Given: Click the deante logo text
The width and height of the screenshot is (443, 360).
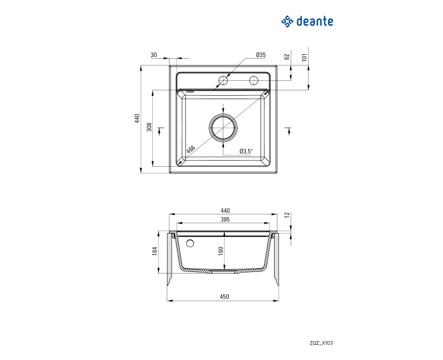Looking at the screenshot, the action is click(315, 22).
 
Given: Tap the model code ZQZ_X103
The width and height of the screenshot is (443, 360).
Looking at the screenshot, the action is click(321, 343).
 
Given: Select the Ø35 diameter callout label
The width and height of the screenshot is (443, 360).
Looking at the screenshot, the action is click(261, 55).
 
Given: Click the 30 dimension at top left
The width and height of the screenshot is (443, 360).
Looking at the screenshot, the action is click(154, 55).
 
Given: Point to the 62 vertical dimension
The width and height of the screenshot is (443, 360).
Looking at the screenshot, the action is click(287, 56).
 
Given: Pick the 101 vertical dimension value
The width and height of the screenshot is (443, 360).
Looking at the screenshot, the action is click(304, 58).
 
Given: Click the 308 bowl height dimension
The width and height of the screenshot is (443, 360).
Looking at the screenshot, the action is click(150, 127).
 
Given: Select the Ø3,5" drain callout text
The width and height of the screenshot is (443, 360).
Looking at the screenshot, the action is click(246, 151).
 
